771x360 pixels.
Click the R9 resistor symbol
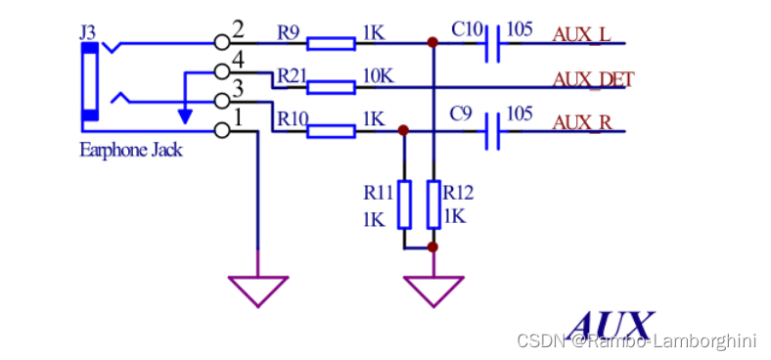(x=331, y=43)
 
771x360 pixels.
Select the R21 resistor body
(x=331, y=87)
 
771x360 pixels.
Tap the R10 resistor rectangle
(x=331, y=129)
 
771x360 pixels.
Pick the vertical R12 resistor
(x=433, y=203)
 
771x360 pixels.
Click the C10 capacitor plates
(x=493, y=43)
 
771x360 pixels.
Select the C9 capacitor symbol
(x=493, y=129)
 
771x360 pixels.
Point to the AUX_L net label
(x=581, y=35)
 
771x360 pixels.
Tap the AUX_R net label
(x=581, y=121)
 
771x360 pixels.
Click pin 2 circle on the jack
(x=222, y=43)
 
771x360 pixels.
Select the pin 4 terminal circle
(x=222, y=71)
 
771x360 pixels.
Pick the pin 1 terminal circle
(x=222, y=130)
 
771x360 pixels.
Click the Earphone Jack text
(x=131, y=151)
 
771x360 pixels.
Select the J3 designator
(x=88, y=32)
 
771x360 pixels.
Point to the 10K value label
(x=377, y=75)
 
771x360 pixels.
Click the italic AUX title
(x=610, y=324)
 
